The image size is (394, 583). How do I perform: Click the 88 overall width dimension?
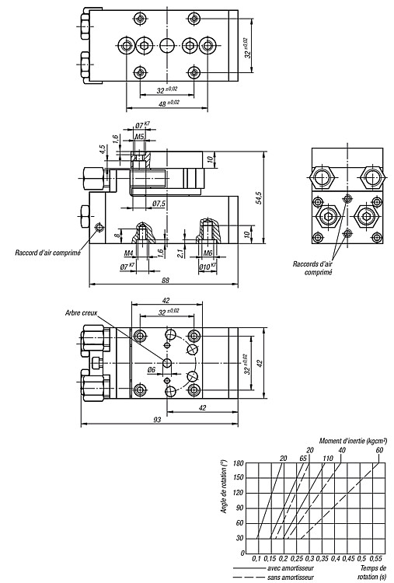coord(166,280)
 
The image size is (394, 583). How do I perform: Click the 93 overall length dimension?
coord(158,420)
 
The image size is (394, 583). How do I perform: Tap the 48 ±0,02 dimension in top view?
coord(169,103)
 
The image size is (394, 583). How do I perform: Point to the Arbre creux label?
coord(81,312)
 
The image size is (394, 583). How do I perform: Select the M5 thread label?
coord(139,137)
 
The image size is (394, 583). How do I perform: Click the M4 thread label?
coord(128,253)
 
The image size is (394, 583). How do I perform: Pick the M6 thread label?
coord(207,253)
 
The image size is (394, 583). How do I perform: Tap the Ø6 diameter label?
coord(151,369)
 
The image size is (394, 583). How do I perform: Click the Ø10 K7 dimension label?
coord(207,266)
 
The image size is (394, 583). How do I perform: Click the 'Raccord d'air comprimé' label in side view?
coord(48,253)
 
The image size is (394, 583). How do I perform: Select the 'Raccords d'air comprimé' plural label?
coord(313,268)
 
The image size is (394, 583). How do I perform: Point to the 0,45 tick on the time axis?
coord(349,558)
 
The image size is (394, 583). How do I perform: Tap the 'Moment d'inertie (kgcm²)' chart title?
coord(353,441)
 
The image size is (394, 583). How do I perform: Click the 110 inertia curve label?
coord(328,458)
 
